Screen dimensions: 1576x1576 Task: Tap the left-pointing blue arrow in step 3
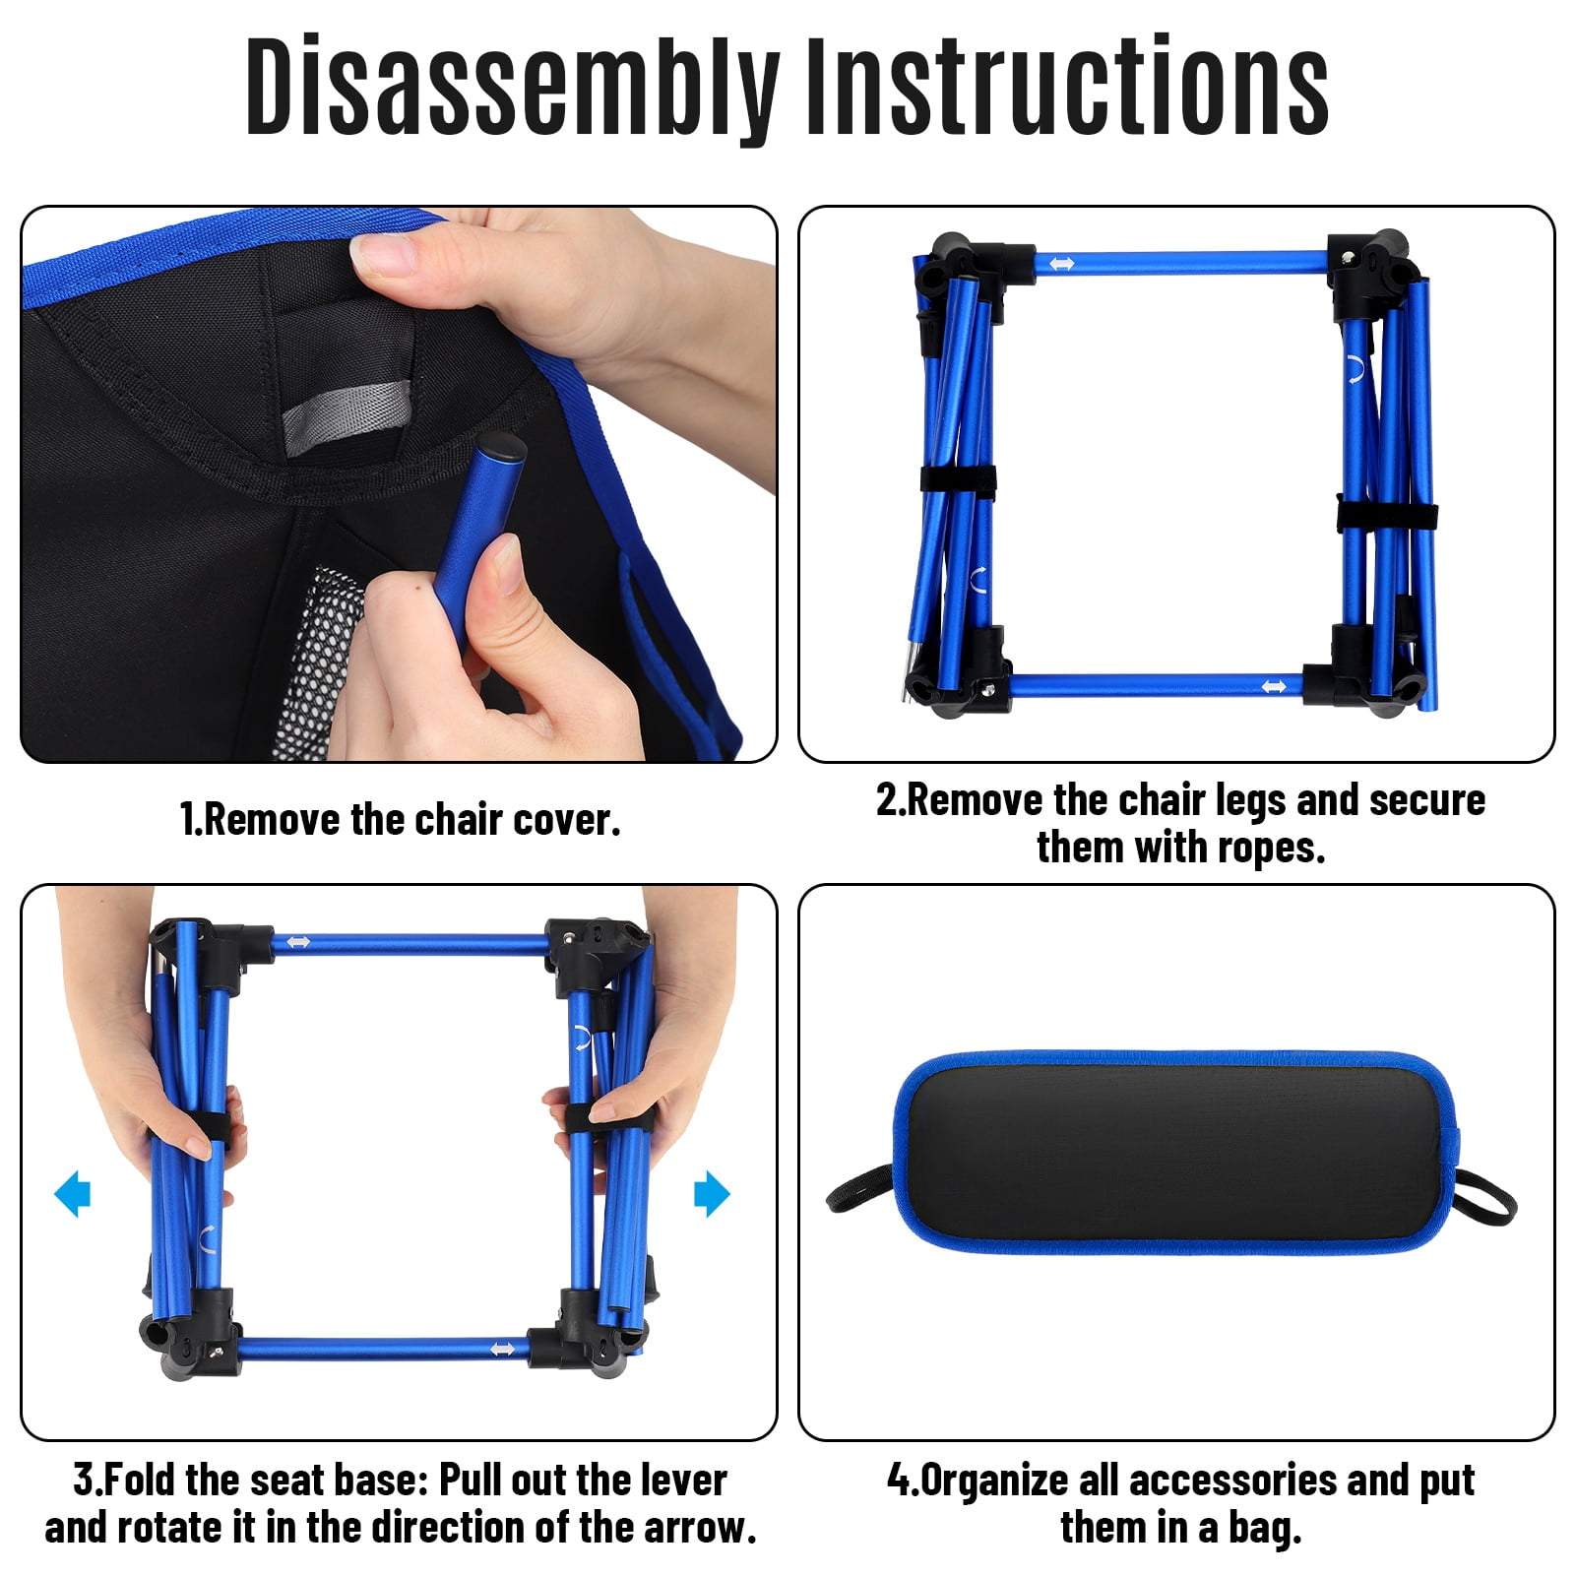[x=72, y=1194]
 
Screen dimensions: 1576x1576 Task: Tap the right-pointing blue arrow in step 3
[x=712, y=1194]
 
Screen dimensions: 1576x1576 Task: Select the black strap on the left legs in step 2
[x=958, y=479]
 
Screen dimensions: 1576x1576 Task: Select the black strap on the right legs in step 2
[x=1387, y=516]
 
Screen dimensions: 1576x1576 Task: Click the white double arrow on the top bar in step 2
[x=1061, y=264]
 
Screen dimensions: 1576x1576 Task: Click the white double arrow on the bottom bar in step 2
[x=1274, y=686]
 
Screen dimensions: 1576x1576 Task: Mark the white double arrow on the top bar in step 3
[x=297, y=943]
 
